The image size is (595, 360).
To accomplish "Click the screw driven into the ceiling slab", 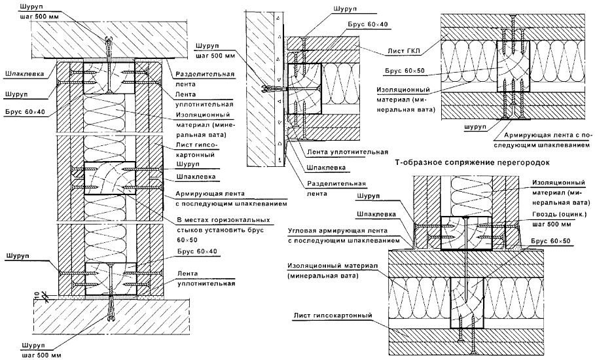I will tap(109, 48).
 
